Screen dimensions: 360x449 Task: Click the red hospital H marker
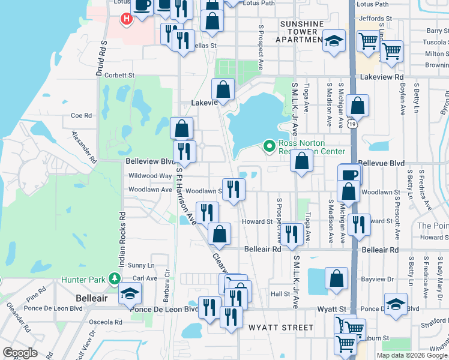126,19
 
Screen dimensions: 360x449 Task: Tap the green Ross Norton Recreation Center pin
270,145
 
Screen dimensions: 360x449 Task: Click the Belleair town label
91,298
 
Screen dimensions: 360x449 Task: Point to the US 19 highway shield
352,124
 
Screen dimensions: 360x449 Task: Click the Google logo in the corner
20,353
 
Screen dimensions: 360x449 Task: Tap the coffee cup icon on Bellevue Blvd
349,175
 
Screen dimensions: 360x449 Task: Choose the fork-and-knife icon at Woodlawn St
234,188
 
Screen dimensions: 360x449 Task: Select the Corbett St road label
119,76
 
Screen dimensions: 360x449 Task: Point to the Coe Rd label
80,116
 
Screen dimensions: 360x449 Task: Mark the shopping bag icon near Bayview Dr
337,278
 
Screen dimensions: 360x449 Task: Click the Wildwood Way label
150,176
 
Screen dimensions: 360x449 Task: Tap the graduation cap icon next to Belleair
129,295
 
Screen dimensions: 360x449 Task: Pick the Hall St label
280,293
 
